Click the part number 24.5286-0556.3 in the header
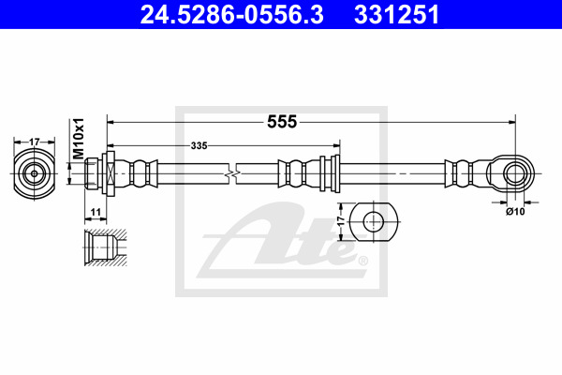pyautogui.click(x=232, y=14)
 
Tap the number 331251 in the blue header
pyautogui.click(x=397, y=14)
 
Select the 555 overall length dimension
pyautogui.click(x=282, y=122)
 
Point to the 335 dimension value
pyautogui.click(x=199, y=145)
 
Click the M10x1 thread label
pyautogui.click(x=78, y=139)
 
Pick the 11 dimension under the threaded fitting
pyautogui.click(x=96, y=213)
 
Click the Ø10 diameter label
pyautogui.click(x=515, y=212)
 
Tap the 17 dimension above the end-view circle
pyautogui.click(x=34, y=142)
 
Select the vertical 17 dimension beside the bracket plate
pyautogui.click(x=341, y=221)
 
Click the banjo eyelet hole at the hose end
pyautogui.click(x=515, y=173)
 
